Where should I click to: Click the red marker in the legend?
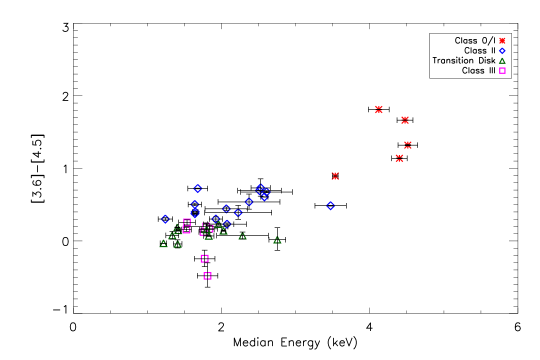click(x=502, y=41)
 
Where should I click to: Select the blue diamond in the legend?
click(x=502, y=51)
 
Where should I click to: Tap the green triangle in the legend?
click(x=502, y=61)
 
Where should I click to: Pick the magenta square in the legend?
click(x=502, y=71)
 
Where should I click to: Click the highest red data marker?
click(x=379, y=110)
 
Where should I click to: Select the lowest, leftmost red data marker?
click(x=335, y=176)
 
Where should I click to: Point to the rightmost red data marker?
click(x=408, y=145)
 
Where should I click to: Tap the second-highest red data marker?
click(x=405, y=120)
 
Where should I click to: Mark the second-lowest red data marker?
click(x=400, y=158)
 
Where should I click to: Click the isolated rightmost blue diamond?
click(x=330, y=206)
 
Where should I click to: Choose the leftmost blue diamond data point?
click(x=165, y=219)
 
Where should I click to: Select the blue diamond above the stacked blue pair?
click(x=197, y=188)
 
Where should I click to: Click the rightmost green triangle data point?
click(x=277, y=240)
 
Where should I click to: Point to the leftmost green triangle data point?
click(x=163, y=243)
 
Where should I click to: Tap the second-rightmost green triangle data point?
click(x=242, y=236)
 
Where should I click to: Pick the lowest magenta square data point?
click(x=207, y=276)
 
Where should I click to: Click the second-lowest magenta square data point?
click(x=204, y=258)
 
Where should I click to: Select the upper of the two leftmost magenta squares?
click(x=187, y=222)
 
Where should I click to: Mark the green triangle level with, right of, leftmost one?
click(x=177, y=243)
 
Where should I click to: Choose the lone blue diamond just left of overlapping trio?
click(x=249, y=202)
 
